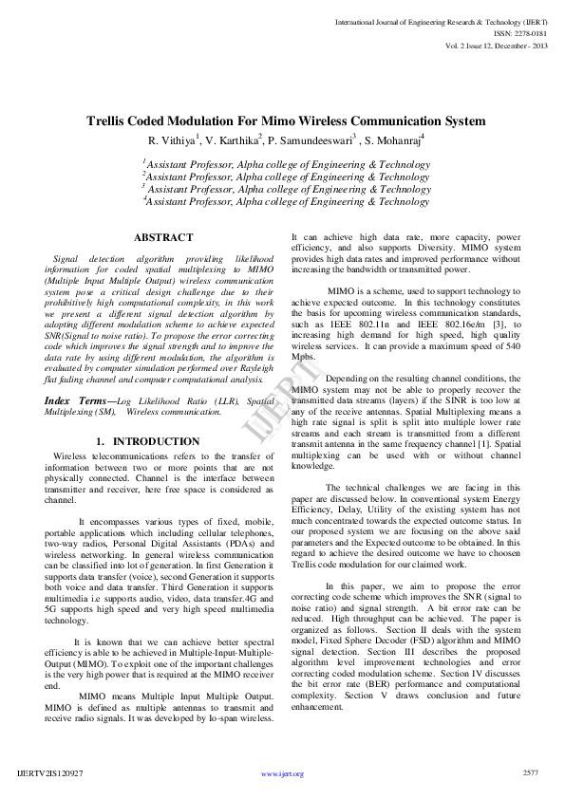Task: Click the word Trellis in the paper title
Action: tap(110, 121)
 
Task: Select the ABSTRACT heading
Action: tap(163, 237)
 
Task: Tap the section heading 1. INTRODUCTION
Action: tap(148, 442)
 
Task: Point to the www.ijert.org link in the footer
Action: tap(282, 773)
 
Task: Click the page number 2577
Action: tap(531, 772)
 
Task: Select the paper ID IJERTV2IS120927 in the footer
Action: tap(50, 773)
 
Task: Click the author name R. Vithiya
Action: tap(170, 140)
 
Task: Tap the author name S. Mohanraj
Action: tap(393, 140)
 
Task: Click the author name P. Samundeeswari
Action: tap(309, 140)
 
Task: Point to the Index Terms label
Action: tap(78, 402)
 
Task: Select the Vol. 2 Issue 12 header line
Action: tap(495, 45)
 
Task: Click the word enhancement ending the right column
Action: tap(317, 707)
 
